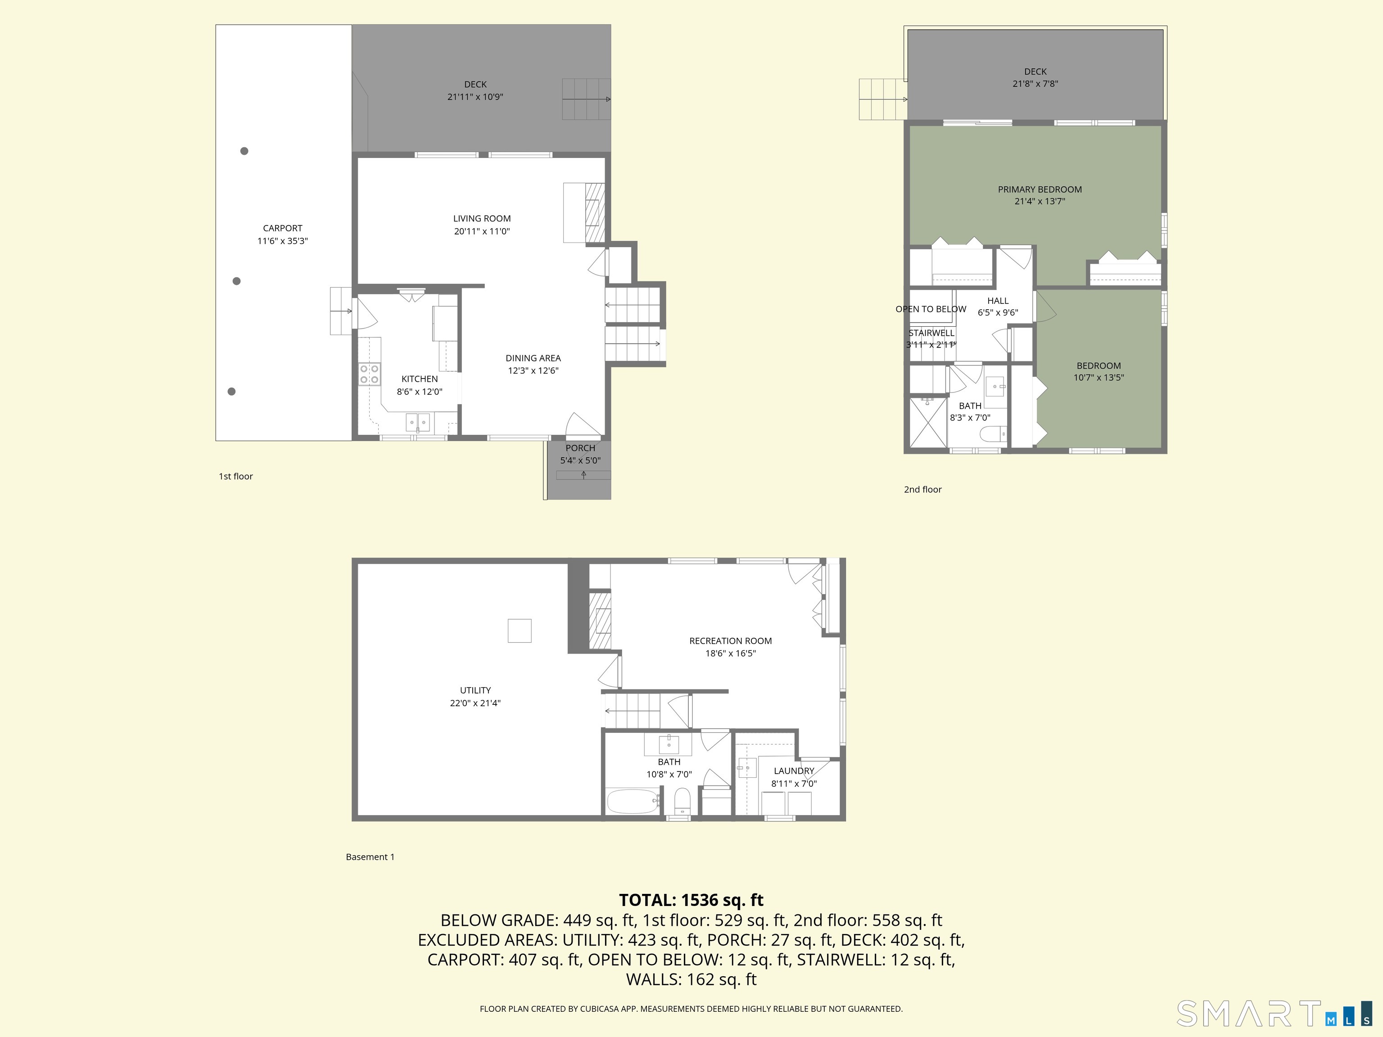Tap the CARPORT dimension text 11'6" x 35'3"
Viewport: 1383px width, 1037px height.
(283, 241)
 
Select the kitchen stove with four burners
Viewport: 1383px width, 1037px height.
(369, 374)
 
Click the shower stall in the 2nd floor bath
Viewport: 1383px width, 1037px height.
(928, 423)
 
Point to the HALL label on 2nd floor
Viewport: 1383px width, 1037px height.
(998, 301)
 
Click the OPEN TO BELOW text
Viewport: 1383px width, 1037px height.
(931, 309)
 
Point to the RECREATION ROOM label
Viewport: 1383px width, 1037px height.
(730, 641)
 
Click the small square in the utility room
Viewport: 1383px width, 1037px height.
(520, 631)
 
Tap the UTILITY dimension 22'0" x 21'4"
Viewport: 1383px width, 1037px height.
(475, 703)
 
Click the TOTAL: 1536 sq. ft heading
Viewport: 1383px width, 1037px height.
(691, 900)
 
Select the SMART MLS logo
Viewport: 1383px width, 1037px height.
(1274, 1014)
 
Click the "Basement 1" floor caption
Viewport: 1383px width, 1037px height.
(370, 857)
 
